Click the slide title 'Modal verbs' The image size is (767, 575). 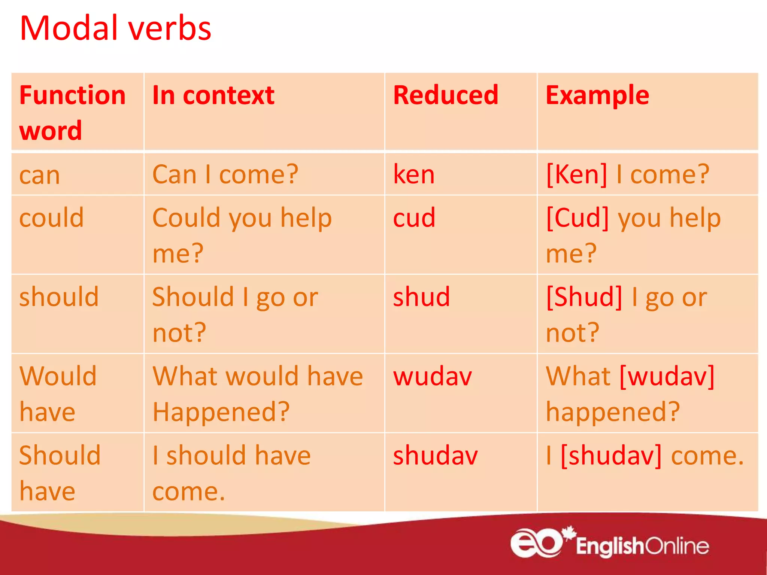pos(115,28)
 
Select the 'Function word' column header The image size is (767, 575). pos(72,112)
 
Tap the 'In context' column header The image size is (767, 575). pos(213,95)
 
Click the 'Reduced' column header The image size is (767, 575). pos(446,95)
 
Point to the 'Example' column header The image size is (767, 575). pos(597,95)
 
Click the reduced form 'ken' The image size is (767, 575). pos(414,174)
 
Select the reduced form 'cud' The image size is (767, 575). pos(414,217)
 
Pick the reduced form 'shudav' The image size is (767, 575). pos(435,456)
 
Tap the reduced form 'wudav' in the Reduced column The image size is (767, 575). pos(433,376)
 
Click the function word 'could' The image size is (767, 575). pos(51,217)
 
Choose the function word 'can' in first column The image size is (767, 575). pos(39,175)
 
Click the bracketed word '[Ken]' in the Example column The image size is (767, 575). pos(576,174)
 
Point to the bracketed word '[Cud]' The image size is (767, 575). pos(577,217)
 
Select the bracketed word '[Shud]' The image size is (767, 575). pos(584,297)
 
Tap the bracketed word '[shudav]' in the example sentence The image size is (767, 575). pos(611,456)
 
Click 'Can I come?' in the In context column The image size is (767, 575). pos(225,174)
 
